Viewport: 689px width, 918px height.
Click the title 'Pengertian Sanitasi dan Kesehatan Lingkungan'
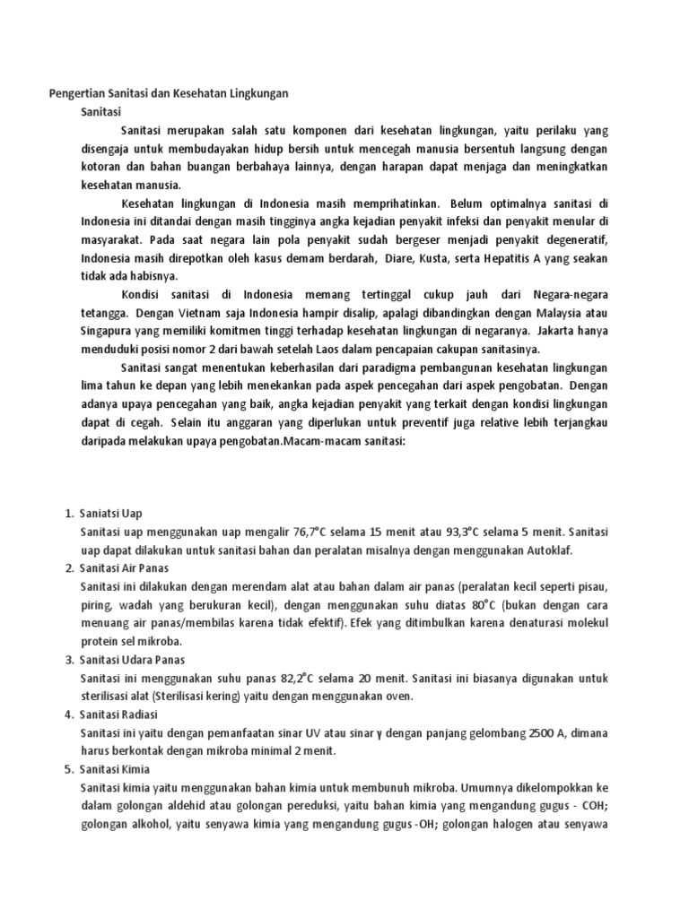[167, 93]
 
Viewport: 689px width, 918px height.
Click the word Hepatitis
[493, 258]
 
